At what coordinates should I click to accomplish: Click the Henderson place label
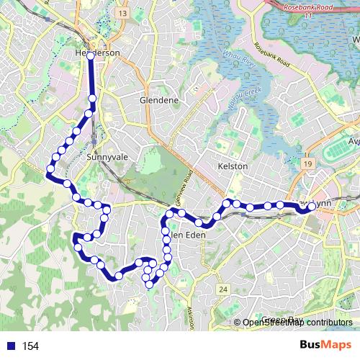tap(96, 53)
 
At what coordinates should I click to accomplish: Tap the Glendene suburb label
tap(159, 100)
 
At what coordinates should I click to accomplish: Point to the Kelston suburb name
tap(232, 166)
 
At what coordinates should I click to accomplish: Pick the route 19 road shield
tap(307, 165)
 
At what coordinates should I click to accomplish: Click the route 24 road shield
tap(224, 289)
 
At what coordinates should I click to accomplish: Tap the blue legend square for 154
tap(9, 346)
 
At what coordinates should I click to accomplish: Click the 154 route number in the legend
tap(30, 346)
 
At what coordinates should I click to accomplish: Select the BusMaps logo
tap(321, 345)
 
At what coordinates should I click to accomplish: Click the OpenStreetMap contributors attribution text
tap(297, 322)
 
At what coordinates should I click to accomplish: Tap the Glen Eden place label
tap(189, 235)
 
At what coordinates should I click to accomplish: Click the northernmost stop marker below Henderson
tap(92, 99)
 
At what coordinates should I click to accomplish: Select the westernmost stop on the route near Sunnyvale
tap(50, 171)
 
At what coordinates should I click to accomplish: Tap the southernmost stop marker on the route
tap(150, 284)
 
